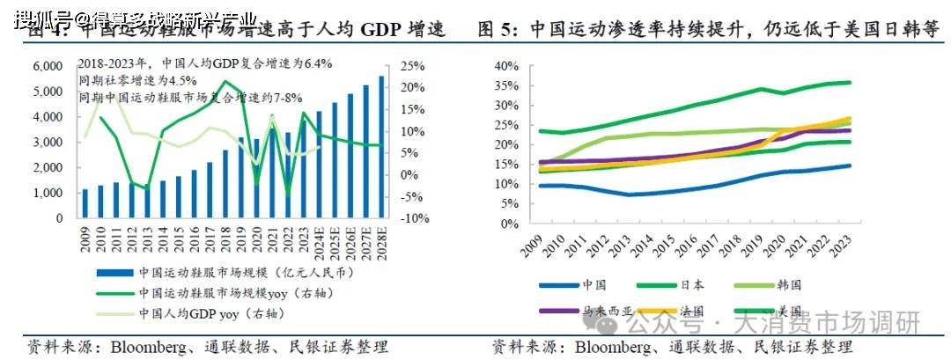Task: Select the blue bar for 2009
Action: pos(85,203)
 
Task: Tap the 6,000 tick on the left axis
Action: pos(48,66)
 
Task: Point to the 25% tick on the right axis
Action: pos(411,66)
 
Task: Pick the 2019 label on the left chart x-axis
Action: pos(240,236)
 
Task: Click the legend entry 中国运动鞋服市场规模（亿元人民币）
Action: pos(203,272)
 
